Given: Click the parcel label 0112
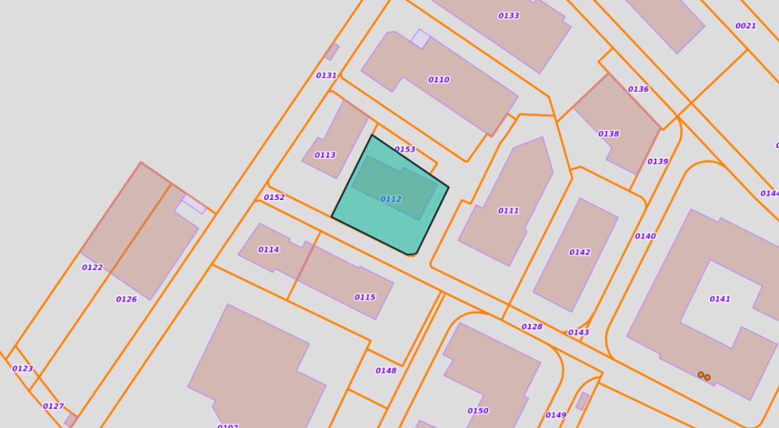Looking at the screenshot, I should click(x=391, y=199).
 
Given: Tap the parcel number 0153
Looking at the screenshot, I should click(x=405, y=150).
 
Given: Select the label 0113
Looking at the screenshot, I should click(x=325, y=155).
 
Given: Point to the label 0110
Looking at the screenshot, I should click(x=439, y=80).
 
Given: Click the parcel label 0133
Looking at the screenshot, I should click(x=509, y=16).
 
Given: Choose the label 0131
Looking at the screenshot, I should click(x=326, y=75).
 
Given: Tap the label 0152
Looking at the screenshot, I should click(x=274, y=197).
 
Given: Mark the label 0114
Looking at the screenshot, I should click(x=268, y=249).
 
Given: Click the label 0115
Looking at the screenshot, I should click(x=365, y=297).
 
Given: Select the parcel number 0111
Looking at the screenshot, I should click(x=509, y=211).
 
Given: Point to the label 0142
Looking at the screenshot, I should click(x=579, y=252).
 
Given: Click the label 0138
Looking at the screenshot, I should click(x=609, y=134).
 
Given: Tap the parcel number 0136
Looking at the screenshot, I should click(x=638, y=89).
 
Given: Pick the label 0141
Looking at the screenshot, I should click(x=720, y=299).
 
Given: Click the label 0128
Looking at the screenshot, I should click(x=532, y=326).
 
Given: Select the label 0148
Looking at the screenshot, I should click(x=386, y=371).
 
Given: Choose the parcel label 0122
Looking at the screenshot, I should click(x=93, y=267).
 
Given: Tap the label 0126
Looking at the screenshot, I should click(x=127, y=299).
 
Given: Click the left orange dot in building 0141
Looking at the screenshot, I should click(x=700, y=374).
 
